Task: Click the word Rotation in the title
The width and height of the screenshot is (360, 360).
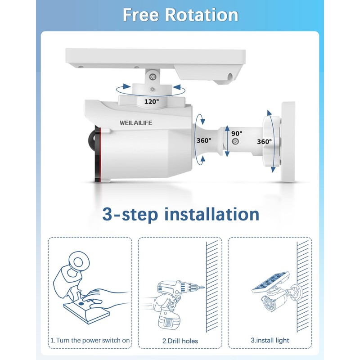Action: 201,15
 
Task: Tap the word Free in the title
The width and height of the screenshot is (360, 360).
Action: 141,15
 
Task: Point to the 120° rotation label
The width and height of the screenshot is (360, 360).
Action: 151,102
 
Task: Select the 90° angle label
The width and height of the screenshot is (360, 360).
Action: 237,133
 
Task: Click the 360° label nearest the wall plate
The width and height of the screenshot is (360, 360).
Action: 264,141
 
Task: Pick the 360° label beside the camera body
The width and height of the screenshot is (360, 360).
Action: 204,140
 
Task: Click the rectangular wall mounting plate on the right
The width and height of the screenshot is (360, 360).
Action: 288,142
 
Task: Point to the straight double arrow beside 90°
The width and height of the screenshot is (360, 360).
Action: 227,141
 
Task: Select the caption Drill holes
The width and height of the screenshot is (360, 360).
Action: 180,341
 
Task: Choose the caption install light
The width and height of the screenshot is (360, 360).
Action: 270,341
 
